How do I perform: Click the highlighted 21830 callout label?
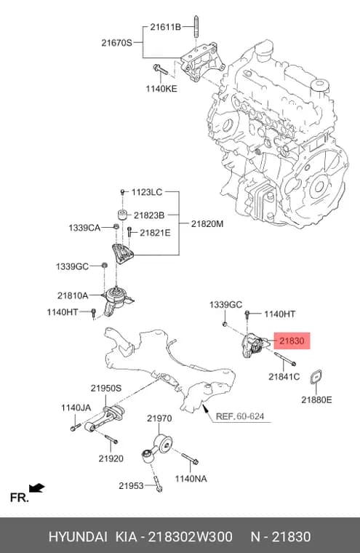(x=292, y=341)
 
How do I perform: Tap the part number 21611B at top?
(x=165, y=27)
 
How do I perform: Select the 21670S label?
(x=116, y=43)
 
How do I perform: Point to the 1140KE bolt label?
(x=161, y=89)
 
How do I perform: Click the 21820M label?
(x=207, y=223)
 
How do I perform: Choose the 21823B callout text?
(x=149, y=215)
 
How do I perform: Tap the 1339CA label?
(x=84, y=228)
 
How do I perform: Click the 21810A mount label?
(x=73, y=295)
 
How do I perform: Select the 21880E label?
(x=316, y=399)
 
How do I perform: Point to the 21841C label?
(x=284, y=377)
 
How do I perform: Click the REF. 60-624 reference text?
(x=240, y=416)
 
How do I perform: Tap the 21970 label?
(x=159, y=418)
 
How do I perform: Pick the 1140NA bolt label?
(x=191, y=479)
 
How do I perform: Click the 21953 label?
(x=131, y=485)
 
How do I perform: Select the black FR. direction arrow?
(x=36, y=488)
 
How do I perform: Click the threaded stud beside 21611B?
(x=196, y=27)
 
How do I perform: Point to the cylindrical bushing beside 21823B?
(x=122, y=214)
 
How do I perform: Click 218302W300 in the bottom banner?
(x=190, y=536)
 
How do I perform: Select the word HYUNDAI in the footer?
(x=78, y=536)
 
